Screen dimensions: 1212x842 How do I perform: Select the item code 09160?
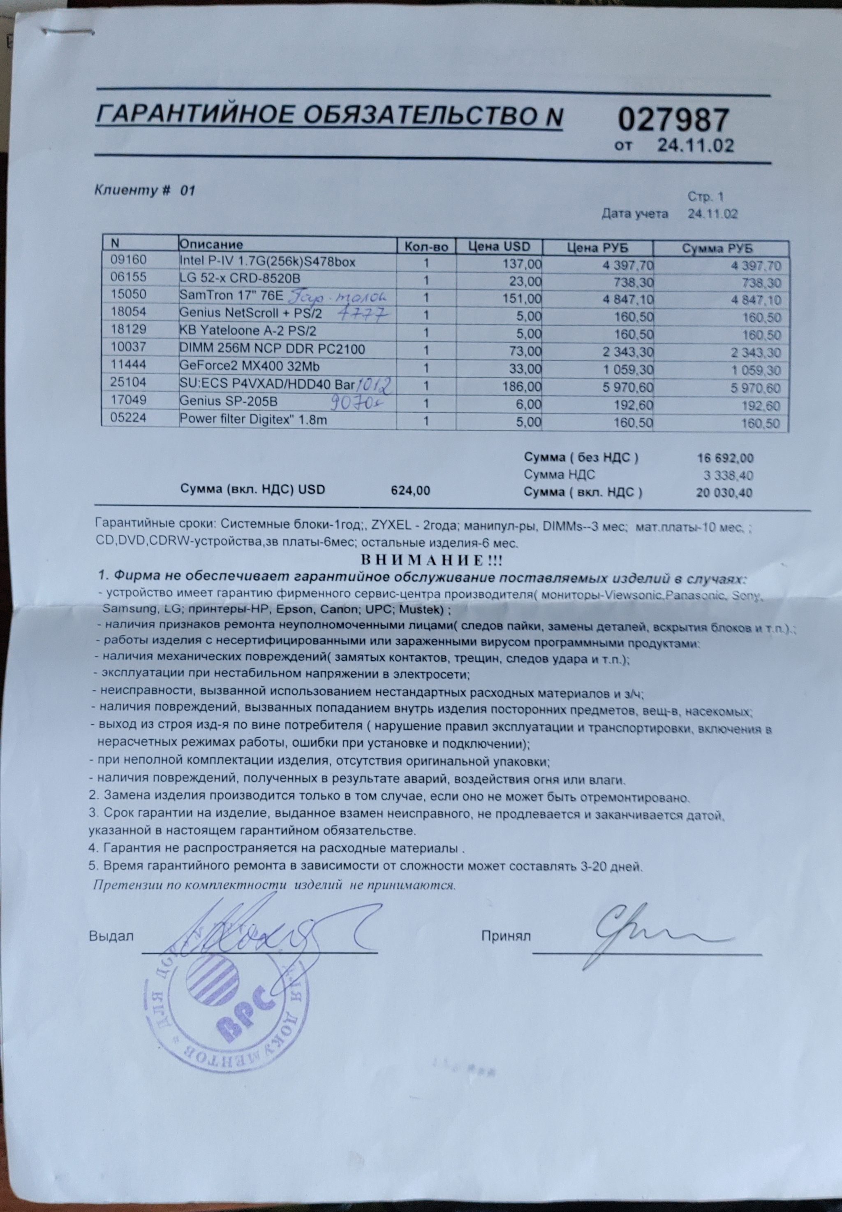point(128,260)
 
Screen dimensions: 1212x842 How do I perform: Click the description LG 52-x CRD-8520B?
point(240,278)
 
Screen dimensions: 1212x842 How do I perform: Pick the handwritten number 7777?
point(363,315)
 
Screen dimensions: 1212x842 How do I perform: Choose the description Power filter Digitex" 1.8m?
point(253,420)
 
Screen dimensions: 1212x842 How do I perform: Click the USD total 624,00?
point(410,490)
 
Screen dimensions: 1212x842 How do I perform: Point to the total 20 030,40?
point(724,493)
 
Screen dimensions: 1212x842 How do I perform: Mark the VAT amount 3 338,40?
point(728,476)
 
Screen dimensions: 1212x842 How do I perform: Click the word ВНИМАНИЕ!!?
point(431,560)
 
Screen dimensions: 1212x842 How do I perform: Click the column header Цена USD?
point(499,246)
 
